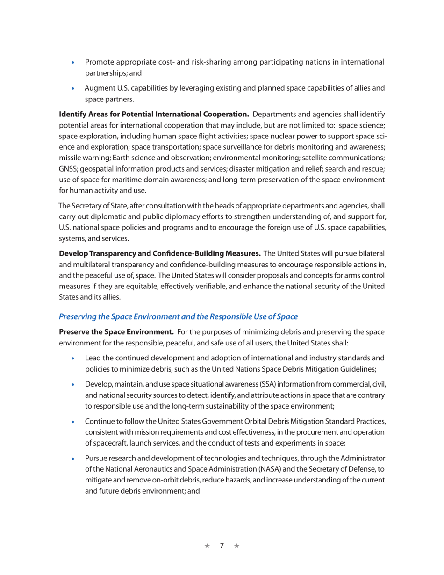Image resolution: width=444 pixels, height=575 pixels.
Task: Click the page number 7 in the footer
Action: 222,546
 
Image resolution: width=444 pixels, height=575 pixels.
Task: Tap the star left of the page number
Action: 208,546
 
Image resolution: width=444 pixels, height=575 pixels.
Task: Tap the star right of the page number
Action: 236,546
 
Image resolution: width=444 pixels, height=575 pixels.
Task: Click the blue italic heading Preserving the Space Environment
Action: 178,316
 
